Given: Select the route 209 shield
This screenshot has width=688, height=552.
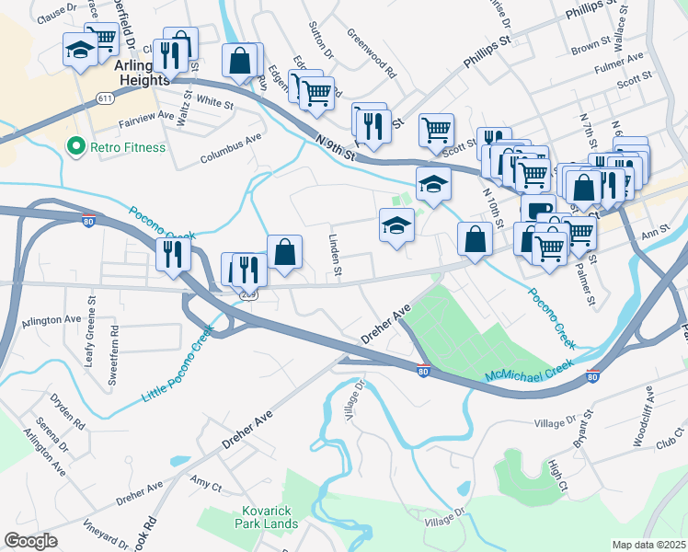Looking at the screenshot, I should coord(248,294).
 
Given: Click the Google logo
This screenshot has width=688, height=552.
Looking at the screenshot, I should coord(30,540).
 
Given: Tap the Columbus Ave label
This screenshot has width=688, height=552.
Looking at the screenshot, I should coord(232,150).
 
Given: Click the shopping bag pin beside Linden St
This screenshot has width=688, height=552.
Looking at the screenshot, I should coord(285,251).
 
